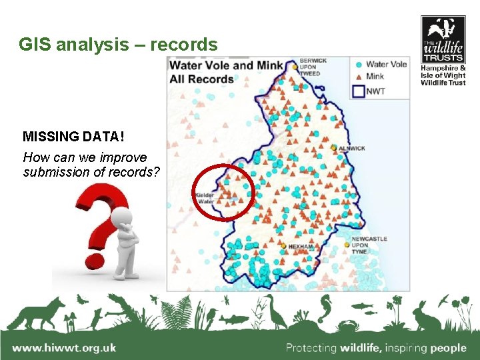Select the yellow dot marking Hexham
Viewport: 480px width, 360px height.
coord(283,246)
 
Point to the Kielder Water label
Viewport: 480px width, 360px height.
coord(205,198)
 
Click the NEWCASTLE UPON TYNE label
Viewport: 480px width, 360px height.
coord(369,245)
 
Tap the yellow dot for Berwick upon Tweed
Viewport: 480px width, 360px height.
coord(293,66)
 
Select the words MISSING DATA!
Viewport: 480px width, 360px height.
coord(73,137)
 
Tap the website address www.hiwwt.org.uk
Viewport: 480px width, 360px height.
coord(64,347)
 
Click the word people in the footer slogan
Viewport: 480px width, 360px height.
coord(448,347)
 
